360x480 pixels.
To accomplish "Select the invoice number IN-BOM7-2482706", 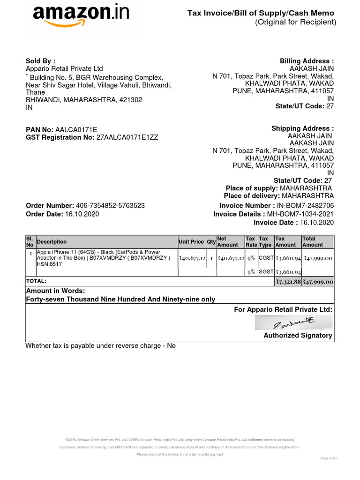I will (x=306, y=206).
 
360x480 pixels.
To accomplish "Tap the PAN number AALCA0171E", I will (x=76, y=129).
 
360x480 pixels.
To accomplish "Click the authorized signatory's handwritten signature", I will (x=294, y=322).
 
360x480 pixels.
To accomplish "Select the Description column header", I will (x=52, y=242).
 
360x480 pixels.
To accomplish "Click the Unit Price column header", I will (x=191, y=242).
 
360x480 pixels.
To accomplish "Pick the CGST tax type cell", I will (x=266, y=258).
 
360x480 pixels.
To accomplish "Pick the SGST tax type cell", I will (x=266, y=271).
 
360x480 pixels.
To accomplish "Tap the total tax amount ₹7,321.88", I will (x=288, y=282).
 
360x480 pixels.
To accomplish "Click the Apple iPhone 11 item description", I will (x=104, y=258).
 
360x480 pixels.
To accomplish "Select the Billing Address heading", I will (x=307, y=61).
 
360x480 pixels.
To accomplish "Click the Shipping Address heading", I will (x=302, y=129).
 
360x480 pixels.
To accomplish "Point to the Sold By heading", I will (x=40, y=61).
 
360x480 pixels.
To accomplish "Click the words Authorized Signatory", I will (x=298, y=336).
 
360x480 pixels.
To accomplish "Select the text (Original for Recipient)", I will (x=295, y=22).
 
